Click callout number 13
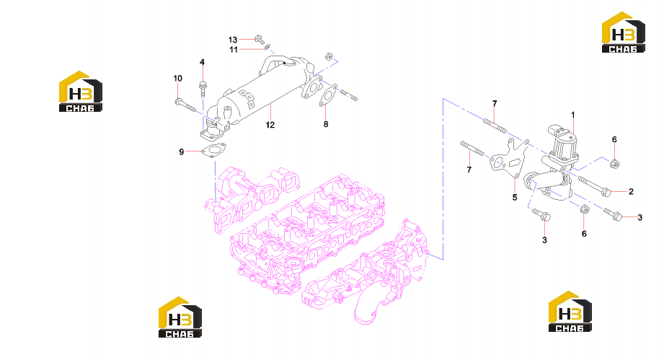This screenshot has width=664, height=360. click(232, 40)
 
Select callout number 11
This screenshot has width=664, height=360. click(234, 50)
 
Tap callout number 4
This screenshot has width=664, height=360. click(202, 62)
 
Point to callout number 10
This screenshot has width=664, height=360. click(178, 79)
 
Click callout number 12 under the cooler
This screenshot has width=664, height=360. click(270, 125)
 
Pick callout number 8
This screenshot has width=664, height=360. click(326, 124)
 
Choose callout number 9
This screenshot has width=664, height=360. click(181, 152)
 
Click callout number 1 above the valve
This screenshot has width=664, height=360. click(573, 115)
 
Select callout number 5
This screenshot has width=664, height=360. click(515, 198)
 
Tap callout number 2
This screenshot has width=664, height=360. click(631, 191)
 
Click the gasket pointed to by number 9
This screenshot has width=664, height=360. click(213, 150)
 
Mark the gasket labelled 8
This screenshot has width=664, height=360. click(328, 96)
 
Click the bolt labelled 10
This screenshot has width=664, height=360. click(185, 105)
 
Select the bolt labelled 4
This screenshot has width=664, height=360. click(203, 89)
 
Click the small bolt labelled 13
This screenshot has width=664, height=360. click(259, 40)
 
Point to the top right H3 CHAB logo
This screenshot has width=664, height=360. click(624, 32)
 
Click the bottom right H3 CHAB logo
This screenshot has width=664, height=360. click(570, 311)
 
